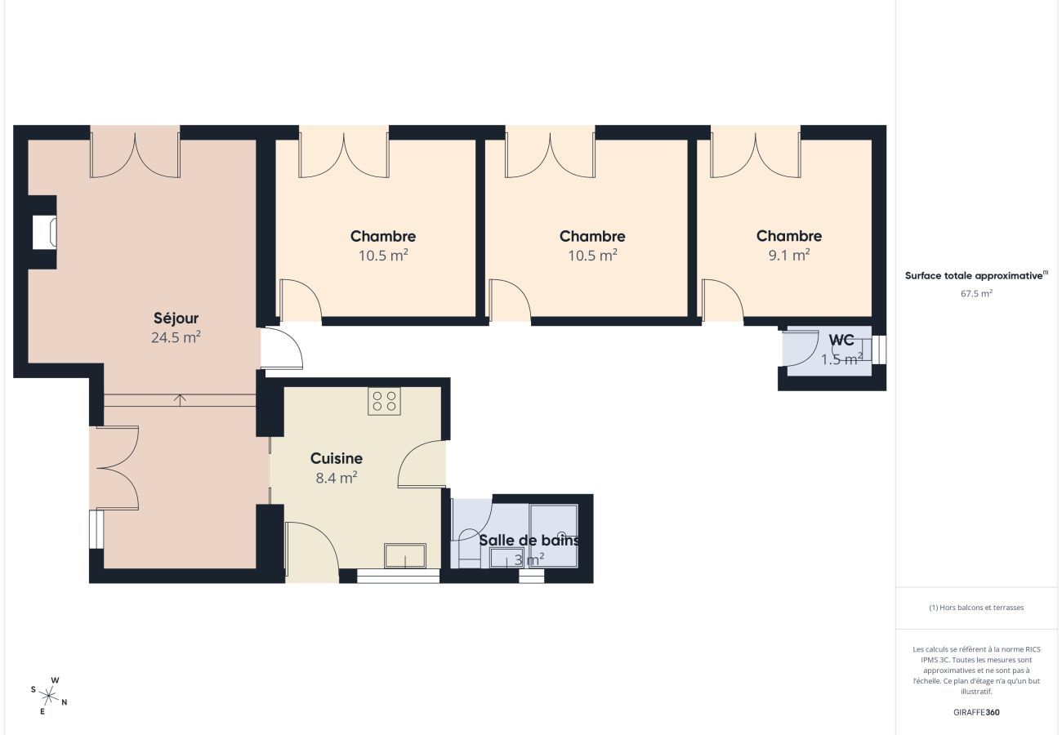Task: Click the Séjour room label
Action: point(176,318)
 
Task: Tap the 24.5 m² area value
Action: point(176,337)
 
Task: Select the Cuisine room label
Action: point(336,459)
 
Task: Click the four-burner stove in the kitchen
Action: point(384,401)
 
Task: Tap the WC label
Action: point(841,341)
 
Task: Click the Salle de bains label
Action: point(529,541)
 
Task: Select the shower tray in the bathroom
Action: point(553,535)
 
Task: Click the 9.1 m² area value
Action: point(789,255)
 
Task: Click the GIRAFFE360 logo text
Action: point(976,712)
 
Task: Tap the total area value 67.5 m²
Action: point(976,293)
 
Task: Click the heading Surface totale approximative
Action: point(975,276)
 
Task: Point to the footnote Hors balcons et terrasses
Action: point(976,608)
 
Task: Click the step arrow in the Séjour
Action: point(181,399)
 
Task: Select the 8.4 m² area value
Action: point(336,479)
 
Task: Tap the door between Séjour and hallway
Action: point(282,350)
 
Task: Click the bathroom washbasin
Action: point(506,558)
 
